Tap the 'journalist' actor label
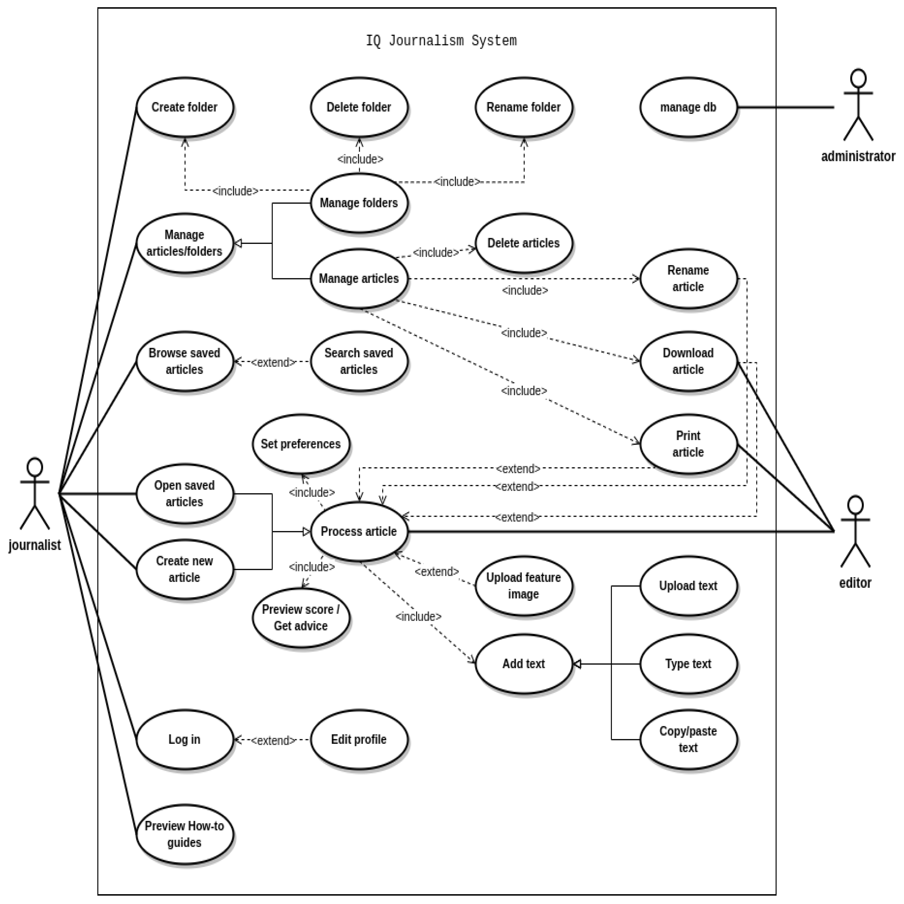pos(35,545)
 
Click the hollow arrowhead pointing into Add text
pos(577,664)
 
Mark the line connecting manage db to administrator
pos(786,107)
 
